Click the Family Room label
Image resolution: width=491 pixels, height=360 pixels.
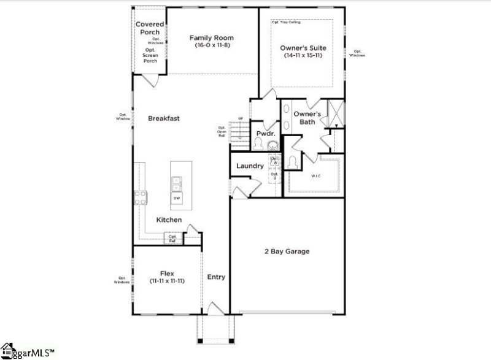[211, 37]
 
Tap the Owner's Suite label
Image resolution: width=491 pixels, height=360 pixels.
[303, 47]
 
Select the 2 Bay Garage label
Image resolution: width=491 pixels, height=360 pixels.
[287, 251]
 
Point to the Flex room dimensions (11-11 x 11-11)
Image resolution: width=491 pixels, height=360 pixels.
[167, 280]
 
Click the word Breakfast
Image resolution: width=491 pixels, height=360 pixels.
[164, 118]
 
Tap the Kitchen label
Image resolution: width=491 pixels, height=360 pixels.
[169, 220]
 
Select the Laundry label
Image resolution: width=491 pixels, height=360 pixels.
[250, 166]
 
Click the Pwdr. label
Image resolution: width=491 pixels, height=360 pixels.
[265, 133]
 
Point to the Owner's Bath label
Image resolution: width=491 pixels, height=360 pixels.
[307, 118]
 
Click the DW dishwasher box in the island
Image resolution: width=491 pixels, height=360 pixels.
[177, 198]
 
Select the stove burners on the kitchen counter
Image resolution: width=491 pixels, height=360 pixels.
[140, 197]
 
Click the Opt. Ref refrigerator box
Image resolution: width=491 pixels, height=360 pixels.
[173, 239]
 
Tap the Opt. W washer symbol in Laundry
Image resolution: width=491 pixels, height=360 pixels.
[276, 160]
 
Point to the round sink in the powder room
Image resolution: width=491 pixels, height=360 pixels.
[273, 145]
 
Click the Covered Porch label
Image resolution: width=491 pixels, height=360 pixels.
[150, 28]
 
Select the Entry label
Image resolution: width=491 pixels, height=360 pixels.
[216, 277]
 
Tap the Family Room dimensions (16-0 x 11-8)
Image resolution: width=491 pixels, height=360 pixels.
[211, 46]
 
